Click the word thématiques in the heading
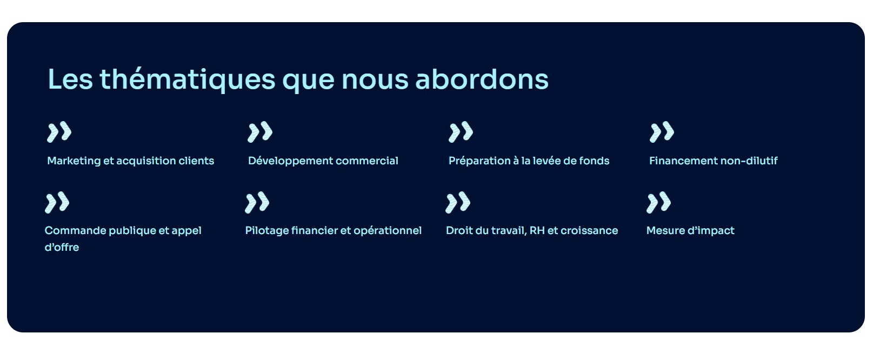[x=188, y=80]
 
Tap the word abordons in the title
[x=482, y=79]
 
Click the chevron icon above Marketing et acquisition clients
[x=59, y=132]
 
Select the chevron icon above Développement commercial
[x=260, y=132]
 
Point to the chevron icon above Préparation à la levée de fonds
[x=461, y=132]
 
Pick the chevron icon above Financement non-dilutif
[x=662, y=132]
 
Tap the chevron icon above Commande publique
[x=57, y=203]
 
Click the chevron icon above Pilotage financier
[x=257, y=203]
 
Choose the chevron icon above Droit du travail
[x=458, y=203]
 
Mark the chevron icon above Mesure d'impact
[x=658, y=203]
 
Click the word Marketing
[x=74, y=161]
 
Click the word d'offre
[x=62, y=247]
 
